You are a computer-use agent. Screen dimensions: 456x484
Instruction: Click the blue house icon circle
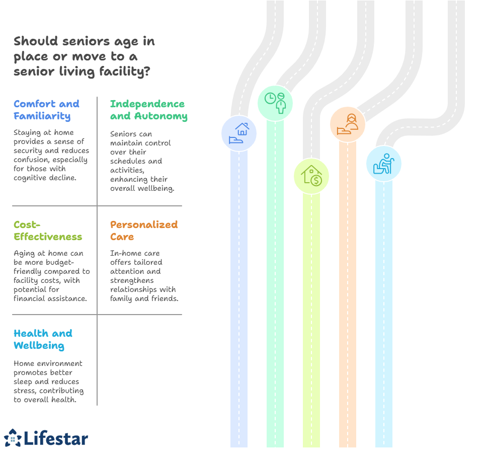coord(239,133)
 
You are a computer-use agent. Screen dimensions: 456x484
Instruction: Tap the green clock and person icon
coord(275,102)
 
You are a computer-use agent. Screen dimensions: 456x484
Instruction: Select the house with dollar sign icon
coord(311,176)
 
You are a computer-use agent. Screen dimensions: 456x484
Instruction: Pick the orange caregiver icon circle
coord(348,124)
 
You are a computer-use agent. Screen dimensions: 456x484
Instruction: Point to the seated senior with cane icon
coord(384,164)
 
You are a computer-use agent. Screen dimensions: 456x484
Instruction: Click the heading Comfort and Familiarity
coord(46,110)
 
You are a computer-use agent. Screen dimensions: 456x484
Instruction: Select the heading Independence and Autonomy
coord(148,110)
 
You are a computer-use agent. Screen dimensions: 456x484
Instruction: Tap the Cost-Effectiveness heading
coord(47,231)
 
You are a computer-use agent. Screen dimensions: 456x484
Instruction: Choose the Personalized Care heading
coord(144,231)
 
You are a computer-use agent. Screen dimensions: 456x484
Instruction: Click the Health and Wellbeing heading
coord(43,339)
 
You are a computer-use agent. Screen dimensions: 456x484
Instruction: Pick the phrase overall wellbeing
coord(142,188)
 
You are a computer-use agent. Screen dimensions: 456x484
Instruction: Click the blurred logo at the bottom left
coord(46,437)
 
